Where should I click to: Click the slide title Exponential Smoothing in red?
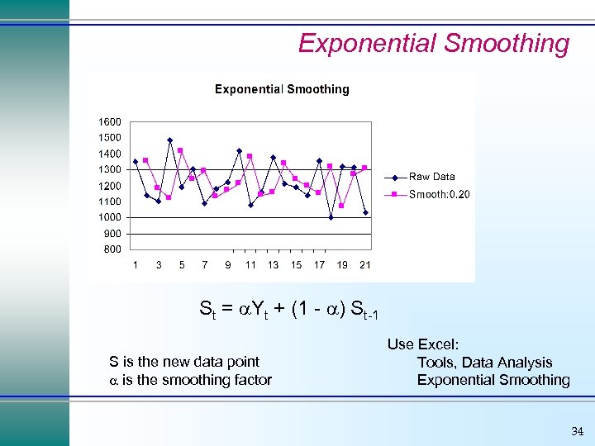coord(433,43)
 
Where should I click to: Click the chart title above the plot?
coord(282,89)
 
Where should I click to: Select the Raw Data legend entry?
coord(431,177)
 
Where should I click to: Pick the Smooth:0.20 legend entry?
coord(439,194)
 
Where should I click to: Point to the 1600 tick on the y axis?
coord(110,121)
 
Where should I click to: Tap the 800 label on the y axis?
coord(112,249)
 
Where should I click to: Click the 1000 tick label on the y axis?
coord(110,217)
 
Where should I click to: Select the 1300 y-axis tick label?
coord(110,169)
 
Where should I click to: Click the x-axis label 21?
coord(365,265)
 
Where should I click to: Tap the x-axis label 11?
coord(250,265)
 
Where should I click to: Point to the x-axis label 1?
coord(136,265)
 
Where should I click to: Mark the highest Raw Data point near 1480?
coord(169,140)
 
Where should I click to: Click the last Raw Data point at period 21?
coord(365,212)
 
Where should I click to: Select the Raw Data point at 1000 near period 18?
coord(331,217)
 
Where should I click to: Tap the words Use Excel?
coord(423,344)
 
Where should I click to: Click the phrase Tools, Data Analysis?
coord(484,363)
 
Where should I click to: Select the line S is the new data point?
coord(184,362)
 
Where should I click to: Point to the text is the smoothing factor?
coord(197,380)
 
